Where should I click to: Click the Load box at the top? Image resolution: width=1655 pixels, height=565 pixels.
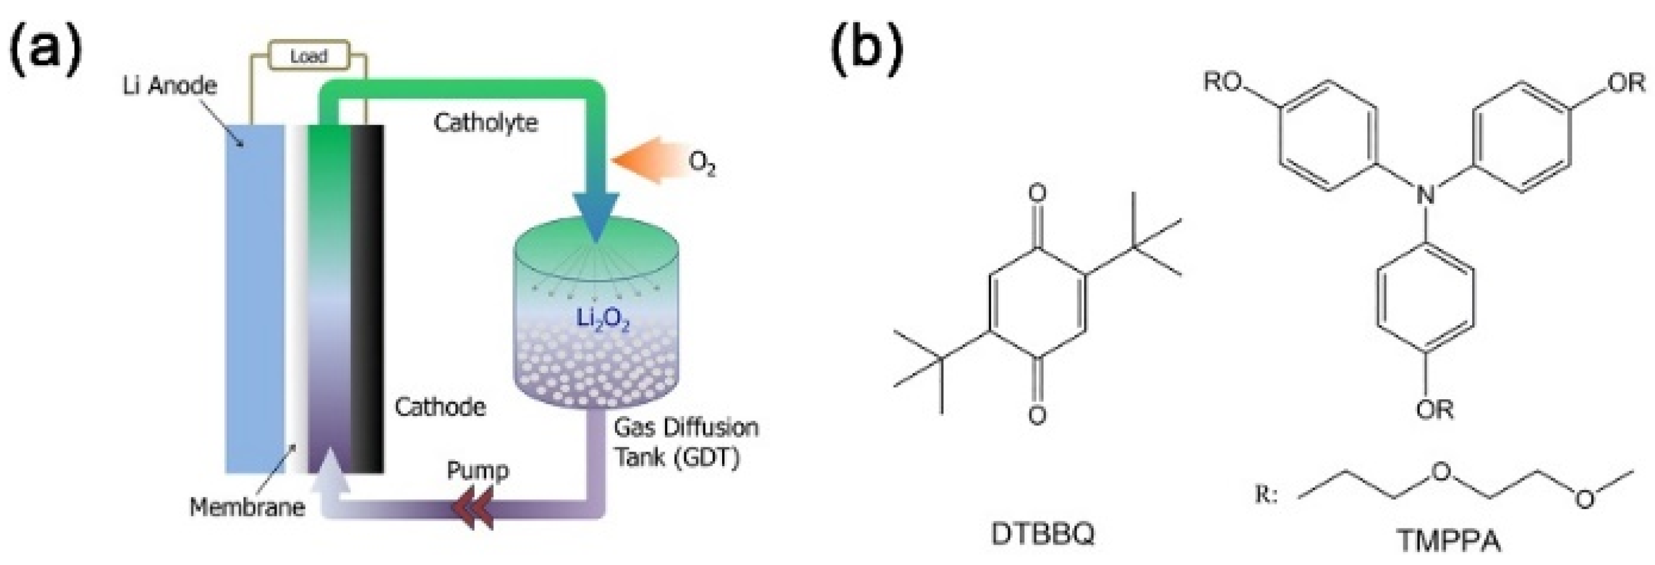[x=309, y=56]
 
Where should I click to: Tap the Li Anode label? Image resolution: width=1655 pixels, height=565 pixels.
[x=169, y=86]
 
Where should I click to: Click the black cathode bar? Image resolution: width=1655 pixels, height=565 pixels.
[x=367, y=299]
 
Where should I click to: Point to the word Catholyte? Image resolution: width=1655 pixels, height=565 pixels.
[x=486, y=122]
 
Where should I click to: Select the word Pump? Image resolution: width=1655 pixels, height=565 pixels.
[x=478, y=471]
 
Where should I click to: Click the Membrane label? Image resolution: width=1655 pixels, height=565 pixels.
[x=247, y=507]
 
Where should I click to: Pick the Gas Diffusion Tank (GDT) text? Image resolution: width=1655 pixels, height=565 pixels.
[x=685, y=443]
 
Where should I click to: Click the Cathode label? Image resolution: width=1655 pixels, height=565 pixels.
[x=440, y=407]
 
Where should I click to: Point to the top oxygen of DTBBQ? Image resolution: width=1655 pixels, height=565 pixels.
[x=1037, y=193]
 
